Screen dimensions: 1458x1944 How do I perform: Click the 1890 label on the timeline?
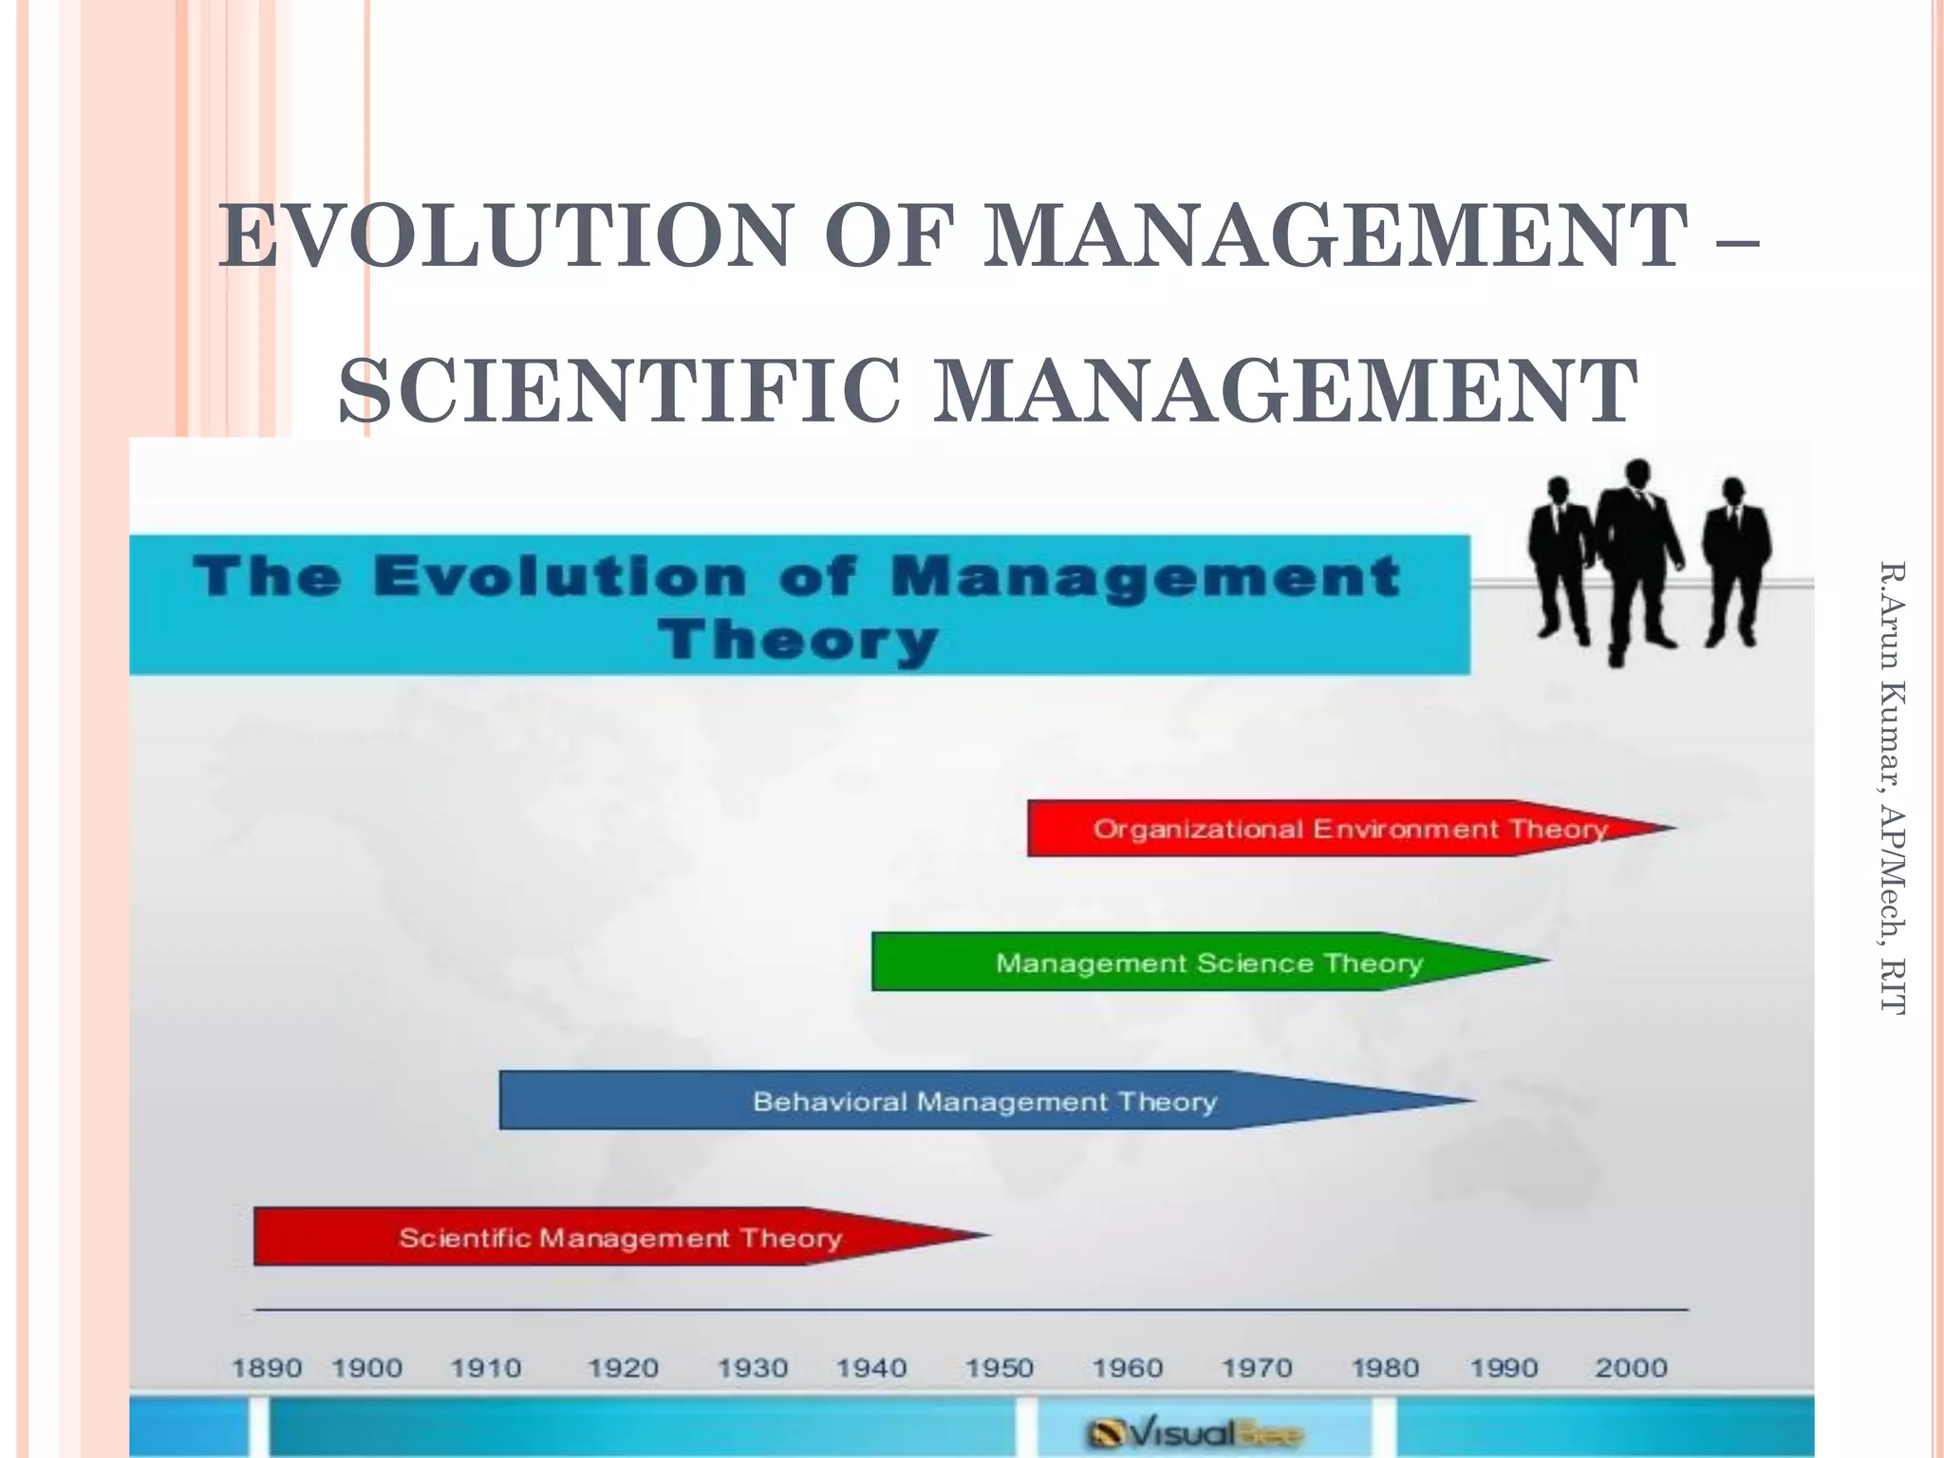267,1368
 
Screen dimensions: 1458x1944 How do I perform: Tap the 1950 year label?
1000,1368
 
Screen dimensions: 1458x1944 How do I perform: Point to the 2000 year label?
1631,1368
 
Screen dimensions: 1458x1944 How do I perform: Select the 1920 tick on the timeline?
623,1368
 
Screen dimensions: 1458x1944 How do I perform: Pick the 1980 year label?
1385,1368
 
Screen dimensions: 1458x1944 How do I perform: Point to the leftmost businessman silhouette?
1560,560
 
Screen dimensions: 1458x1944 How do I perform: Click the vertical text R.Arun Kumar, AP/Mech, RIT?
1892,788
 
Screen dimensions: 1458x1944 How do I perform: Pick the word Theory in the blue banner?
799,639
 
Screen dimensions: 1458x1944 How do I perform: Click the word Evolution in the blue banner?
560,577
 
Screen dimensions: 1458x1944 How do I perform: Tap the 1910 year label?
486,1368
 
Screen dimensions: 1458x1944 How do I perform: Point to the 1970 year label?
1257,1368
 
